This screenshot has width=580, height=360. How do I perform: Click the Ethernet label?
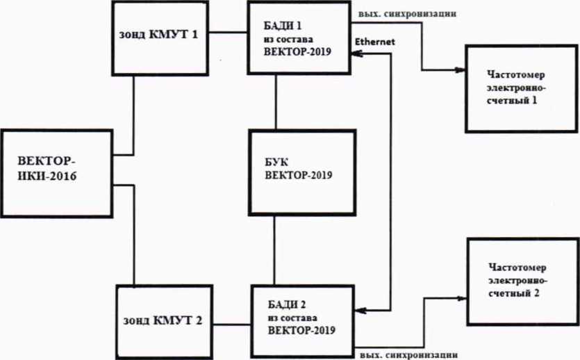point(374,42)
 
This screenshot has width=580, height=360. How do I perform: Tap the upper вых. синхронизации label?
point(407,14)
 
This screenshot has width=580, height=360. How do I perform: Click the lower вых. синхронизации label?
point(408,355)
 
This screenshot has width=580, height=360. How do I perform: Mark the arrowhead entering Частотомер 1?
point(460,69)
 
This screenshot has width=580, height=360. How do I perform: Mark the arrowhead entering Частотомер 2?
point(462,298)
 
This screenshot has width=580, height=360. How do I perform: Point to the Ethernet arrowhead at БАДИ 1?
point(356,54)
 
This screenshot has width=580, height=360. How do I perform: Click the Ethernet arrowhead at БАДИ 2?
point(361,311)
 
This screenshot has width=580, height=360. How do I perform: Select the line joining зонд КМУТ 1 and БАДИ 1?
point(228,33)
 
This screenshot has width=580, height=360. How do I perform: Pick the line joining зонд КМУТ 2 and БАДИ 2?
point(231,325)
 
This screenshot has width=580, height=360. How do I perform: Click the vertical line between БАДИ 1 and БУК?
point(276,101)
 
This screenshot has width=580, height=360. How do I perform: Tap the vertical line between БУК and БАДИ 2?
point(274,250)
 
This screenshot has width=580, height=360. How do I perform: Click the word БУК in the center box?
point(276,163)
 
